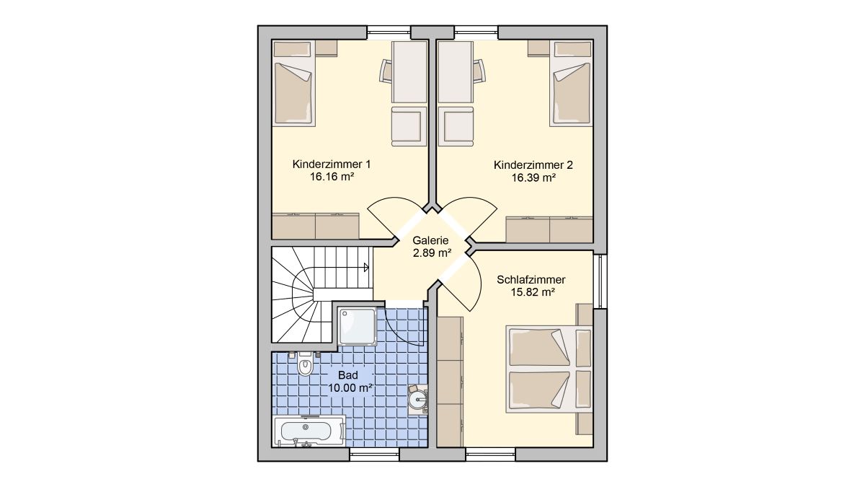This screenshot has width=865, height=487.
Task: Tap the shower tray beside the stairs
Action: [358, 326]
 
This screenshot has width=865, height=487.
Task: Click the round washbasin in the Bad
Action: [417, 398]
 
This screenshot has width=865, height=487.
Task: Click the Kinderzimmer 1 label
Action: [332, 164]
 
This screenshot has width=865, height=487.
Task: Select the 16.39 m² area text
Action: [533, 177]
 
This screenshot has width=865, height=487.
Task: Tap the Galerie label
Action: [430, 240]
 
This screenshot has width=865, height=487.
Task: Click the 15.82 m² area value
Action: [533, 292]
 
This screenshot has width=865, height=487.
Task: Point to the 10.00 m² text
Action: [350, 387]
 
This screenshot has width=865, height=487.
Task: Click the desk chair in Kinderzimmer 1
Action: [386, 71]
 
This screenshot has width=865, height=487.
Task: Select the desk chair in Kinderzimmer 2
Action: [479, 71]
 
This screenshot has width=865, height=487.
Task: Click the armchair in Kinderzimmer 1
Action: [409, 126]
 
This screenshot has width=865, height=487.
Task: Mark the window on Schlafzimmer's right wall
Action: [600, 281]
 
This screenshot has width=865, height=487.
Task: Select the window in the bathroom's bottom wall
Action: [375, 454]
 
